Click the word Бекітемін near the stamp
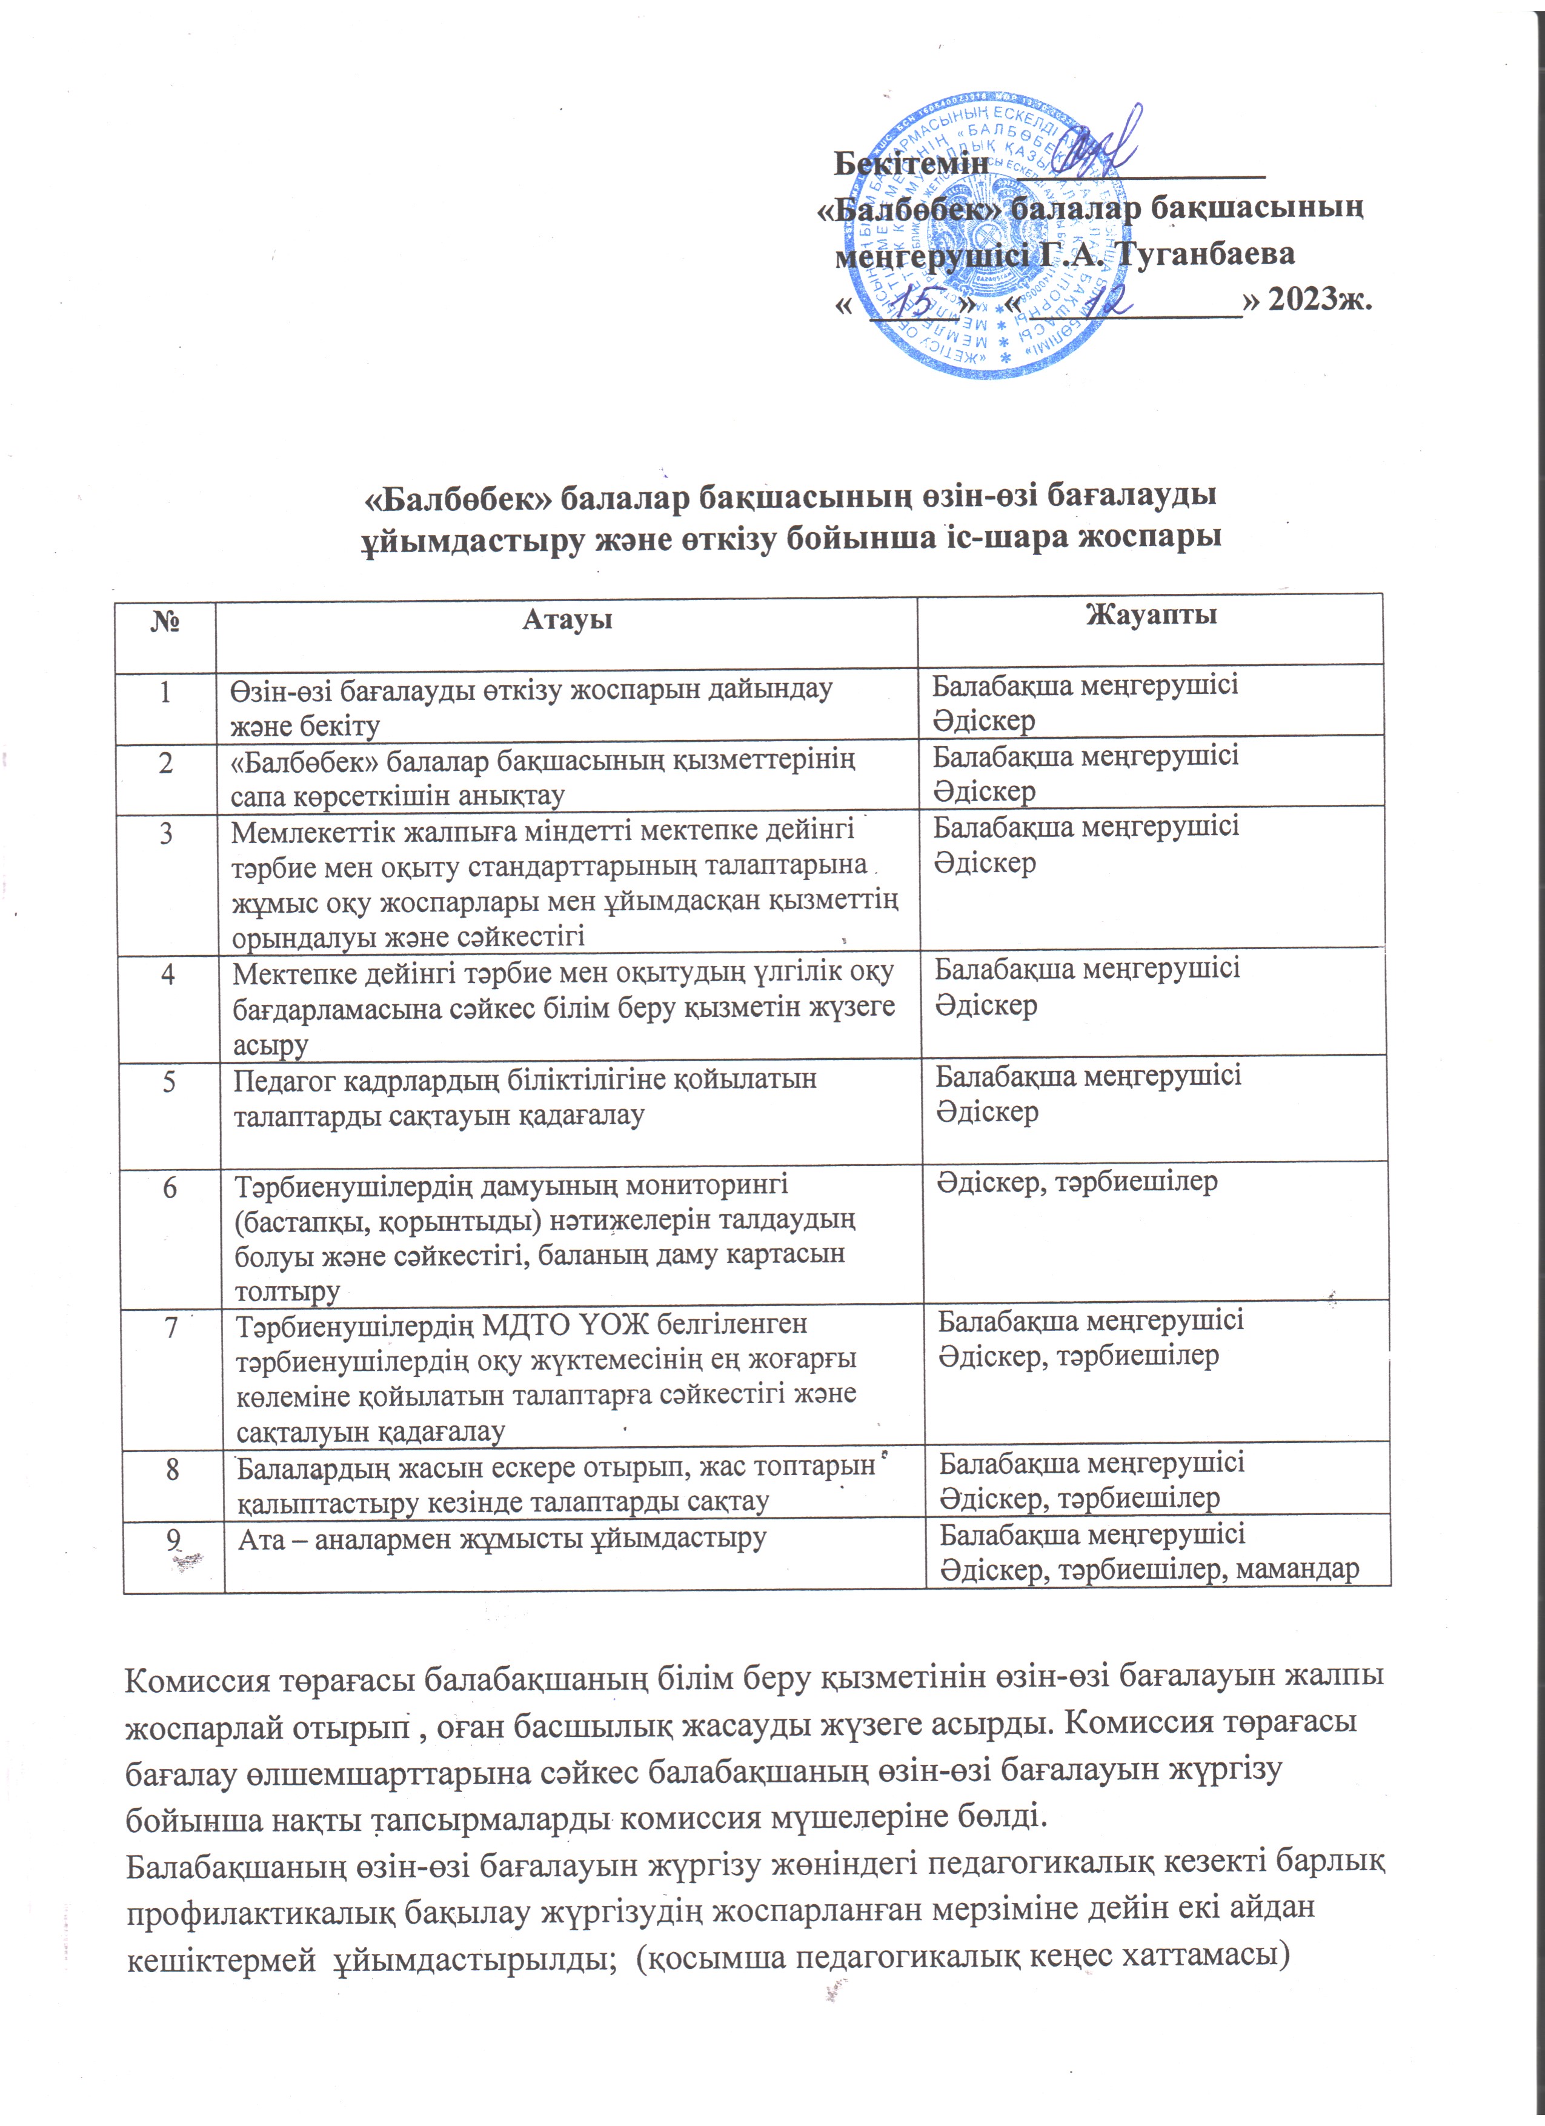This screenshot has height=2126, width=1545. (x=911, y=163)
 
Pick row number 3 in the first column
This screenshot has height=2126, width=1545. (x=167, y=833)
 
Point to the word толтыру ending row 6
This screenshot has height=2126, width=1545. (x=287, y=1291)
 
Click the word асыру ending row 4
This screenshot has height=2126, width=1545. (x=271, y=1045)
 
